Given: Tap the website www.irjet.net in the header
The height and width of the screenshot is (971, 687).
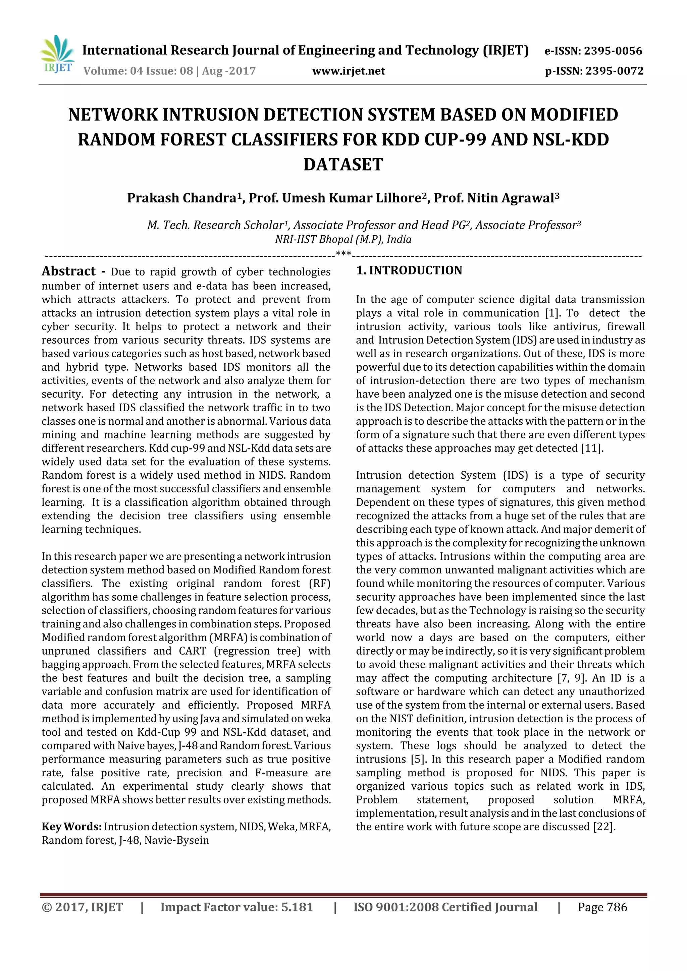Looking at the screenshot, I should [349, 71].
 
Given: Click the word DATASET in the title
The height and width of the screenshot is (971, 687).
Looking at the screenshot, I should [343, 165].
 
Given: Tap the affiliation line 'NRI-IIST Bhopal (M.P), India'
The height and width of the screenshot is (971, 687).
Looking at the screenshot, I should [343, 239].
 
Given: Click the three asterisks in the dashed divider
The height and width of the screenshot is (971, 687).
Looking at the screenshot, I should [343, 254].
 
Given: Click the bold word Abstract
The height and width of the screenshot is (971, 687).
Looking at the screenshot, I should [68, 271].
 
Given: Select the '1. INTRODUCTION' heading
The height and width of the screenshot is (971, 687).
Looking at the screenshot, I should [409, 271].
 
